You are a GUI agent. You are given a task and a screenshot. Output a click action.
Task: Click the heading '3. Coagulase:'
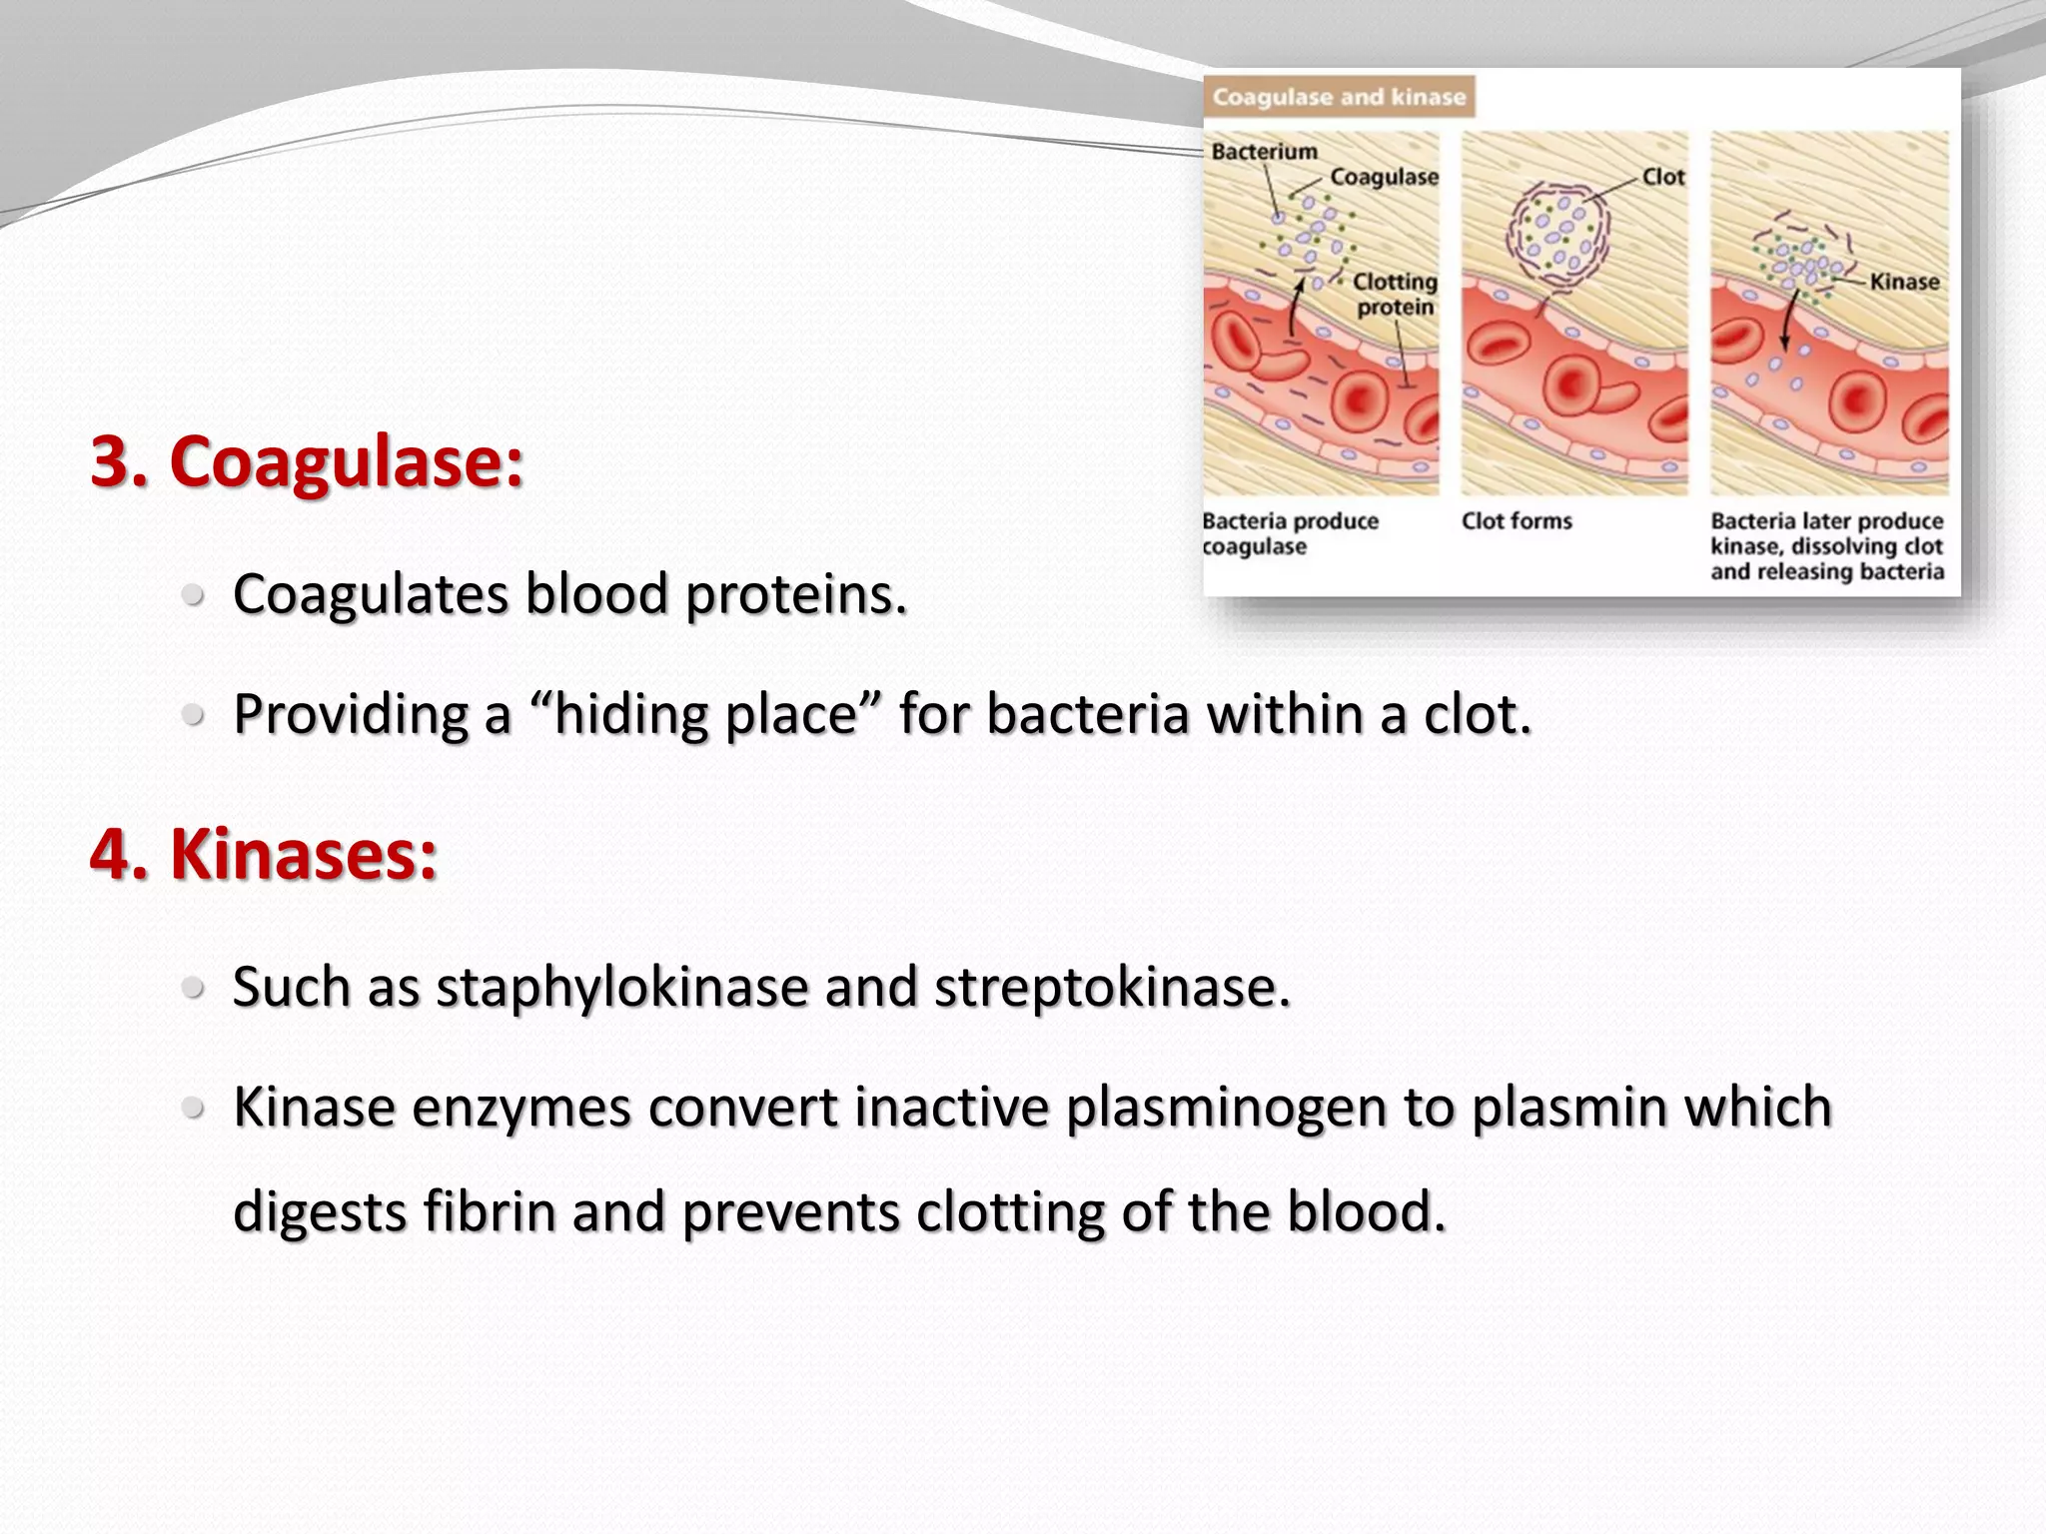(x=306, y=462)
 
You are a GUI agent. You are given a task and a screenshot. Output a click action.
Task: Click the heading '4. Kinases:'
(x=264, y=855)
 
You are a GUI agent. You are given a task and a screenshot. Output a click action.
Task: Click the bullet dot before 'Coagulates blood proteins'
(x=194, y=596)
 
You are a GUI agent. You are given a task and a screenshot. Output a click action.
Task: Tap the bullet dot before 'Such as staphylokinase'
(x=194, y=989)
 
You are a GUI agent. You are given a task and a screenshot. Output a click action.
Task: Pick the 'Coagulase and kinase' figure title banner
(x=1339, y=97)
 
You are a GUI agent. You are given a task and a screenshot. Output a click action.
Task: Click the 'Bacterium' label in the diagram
(x=1264, y=152)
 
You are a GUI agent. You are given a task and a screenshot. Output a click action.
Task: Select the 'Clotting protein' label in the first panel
(x=1395, y=295)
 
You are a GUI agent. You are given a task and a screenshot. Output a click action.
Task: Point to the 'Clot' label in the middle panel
(x=1663, y=177)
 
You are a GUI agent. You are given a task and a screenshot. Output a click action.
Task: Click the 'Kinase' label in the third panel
(x=1904, y=282)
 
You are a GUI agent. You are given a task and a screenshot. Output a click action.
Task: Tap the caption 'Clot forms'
(x=1517, y=521)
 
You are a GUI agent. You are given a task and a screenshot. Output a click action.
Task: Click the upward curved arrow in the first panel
(x=1295, y=308)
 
